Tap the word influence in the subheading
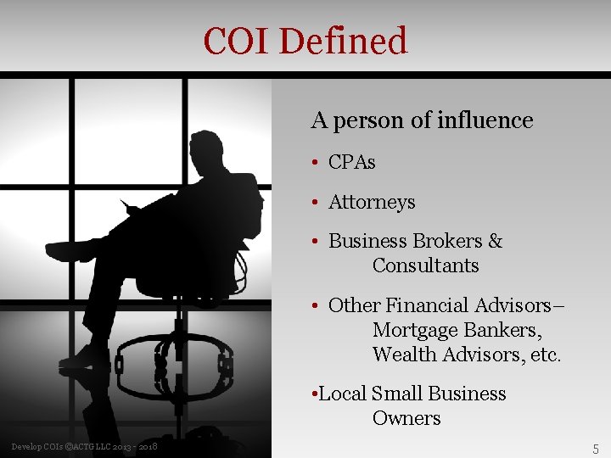coord(485,121)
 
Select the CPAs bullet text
coord(351,162)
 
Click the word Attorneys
coord(372,203)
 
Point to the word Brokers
coord(448,242)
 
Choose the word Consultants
coord(425,265)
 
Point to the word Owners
coord(406,418)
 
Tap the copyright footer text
coord(84,446)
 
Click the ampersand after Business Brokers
coord(496,242)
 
